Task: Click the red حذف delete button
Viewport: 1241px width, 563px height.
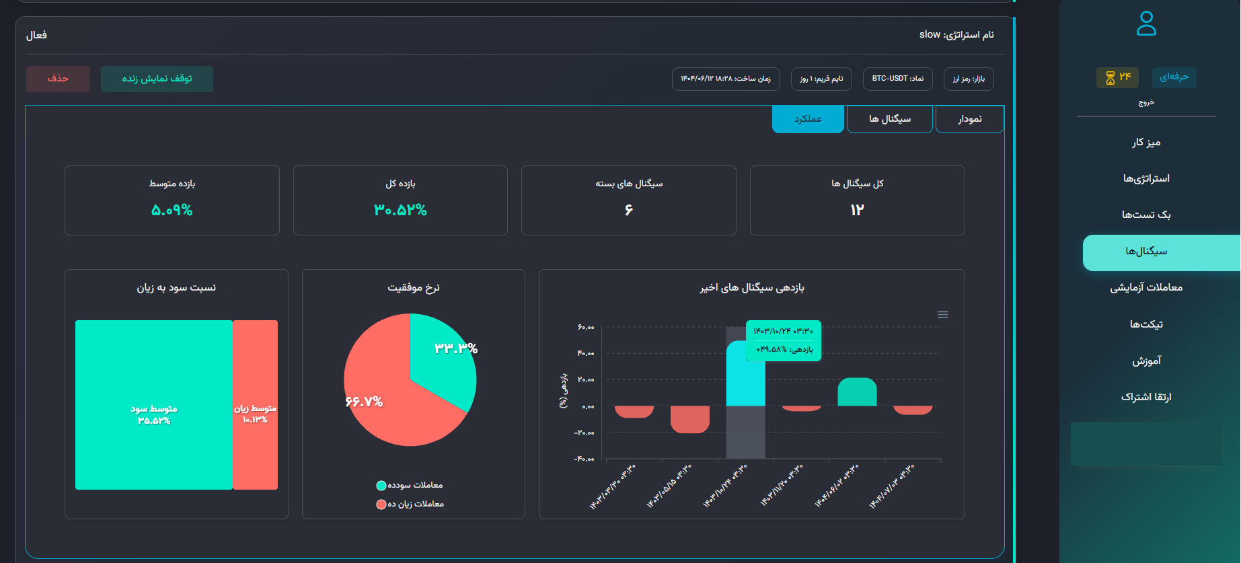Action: tap(58, 79)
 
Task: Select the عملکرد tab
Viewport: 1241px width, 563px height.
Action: tap(807, 119)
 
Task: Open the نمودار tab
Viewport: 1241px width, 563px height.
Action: tap(969, 119)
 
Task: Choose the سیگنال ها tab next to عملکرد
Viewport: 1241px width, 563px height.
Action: tap(889, 119)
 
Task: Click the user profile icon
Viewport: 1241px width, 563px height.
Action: tap(1146, 24)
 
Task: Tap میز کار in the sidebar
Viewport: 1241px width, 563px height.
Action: tap(1146, 143)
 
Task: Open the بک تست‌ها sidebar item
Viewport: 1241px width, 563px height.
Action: tap(1146, 215)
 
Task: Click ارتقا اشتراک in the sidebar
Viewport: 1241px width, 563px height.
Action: tap(1146, 397)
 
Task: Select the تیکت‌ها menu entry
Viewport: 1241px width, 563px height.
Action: tap(1146, 324)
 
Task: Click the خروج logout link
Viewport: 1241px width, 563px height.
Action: tap(1146, 102)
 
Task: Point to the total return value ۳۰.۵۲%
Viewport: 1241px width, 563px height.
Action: tap(400, 211)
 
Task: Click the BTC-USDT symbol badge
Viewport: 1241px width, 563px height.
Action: tap(897, 79)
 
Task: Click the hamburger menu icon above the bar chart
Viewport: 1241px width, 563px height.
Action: tap(943, 315)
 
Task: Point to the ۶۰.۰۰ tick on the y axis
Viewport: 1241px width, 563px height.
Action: tap(586, 328)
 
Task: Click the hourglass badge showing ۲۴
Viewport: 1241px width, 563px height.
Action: tap(1117, 77)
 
